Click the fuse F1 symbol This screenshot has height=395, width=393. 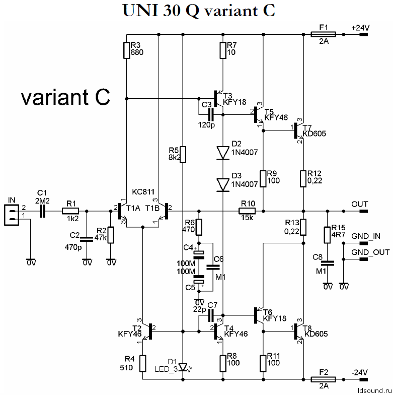point(323,34)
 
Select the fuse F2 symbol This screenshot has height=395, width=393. point(323,379)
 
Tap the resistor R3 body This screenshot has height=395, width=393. point(127,50)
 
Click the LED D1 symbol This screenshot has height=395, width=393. point(183,367)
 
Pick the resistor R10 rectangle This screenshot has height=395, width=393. point(247,211)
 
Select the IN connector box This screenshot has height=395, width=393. point(12,215)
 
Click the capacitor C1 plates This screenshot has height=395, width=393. point(42,211)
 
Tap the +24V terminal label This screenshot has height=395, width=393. point(360,27)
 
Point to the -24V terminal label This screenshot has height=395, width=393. point(359,372)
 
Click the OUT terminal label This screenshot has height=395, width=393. point(360,204)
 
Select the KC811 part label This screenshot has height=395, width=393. point(143,191)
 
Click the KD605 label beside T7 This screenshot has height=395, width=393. point(314,134)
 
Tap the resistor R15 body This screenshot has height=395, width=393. point(327,235)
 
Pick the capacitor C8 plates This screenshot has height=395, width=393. point(327,263)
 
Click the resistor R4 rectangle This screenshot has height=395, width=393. point(143,363)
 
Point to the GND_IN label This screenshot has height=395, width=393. point(366,236)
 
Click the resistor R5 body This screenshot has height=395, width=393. point(183,154)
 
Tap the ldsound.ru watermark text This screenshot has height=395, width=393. point(375,390)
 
